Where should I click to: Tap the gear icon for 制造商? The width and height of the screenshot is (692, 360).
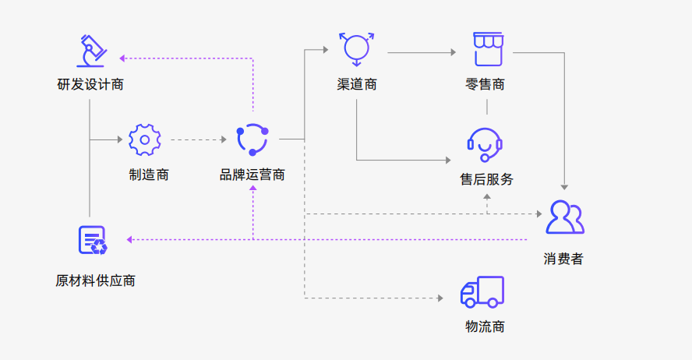144,139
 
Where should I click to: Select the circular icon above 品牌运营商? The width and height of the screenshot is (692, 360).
252,139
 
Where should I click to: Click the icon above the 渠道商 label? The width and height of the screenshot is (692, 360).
357,49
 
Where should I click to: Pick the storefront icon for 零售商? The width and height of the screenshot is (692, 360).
487,49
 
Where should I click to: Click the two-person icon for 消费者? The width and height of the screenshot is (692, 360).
564,217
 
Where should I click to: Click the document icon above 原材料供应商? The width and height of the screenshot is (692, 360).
92,240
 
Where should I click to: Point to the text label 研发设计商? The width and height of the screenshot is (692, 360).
90,84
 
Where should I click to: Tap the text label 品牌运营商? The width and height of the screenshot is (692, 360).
252,175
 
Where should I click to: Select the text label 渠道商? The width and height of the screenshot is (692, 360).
357,84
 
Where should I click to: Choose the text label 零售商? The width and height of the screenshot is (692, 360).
485,84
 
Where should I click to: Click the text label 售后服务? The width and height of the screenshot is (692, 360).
487,179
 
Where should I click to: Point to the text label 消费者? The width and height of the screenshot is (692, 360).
563,259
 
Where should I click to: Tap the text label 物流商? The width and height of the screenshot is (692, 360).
485,326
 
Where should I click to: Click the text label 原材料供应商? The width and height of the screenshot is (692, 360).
95,281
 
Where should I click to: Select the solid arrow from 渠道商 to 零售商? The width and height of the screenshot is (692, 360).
421,53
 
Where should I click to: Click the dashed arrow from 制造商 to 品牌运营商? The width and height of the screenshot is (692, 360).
198,140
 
